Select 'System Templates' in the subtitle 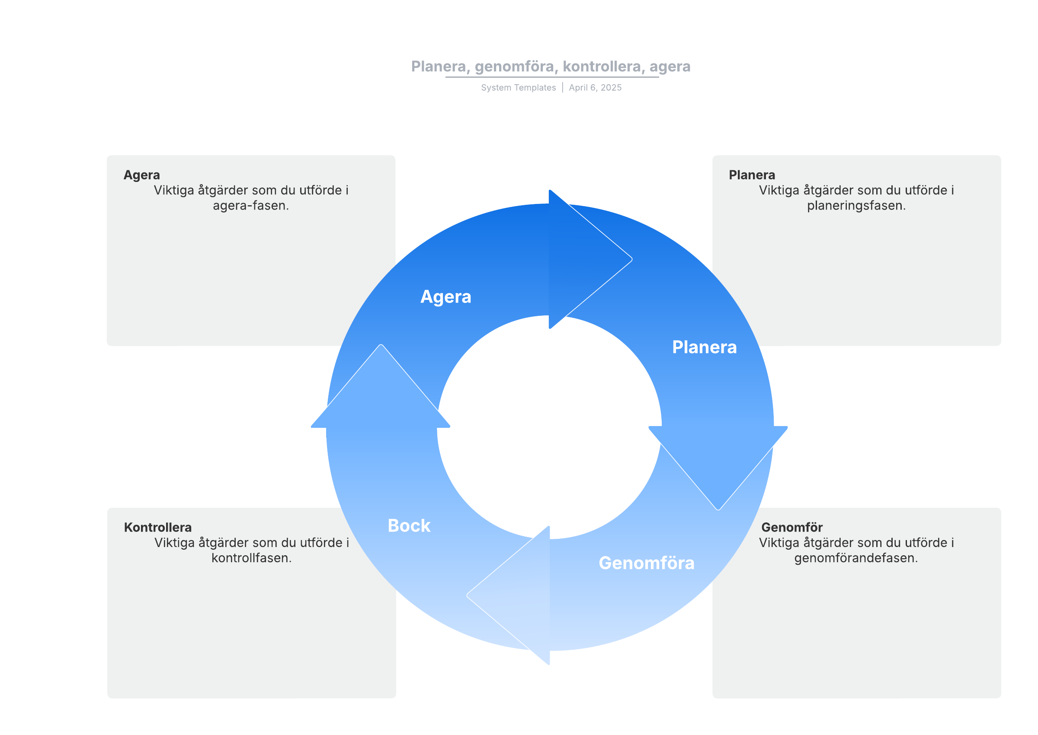tap(518, 88)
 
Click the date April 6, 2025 tap(595, 88)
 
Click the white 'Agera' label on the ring tap(445, 297)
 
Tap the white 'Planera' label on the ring tap(704, 347)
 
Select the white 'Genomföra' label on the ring tap(646, 563)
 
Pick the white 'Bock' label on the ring tap(409, 526)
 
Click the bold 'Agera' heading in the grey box tap(142, 175)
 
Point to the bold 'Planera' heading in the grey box tap(752, 175)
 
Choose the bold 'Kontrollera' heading tap(157, 527)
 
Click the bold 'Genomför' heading tap(791, 527)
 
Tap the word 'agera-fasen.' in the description tap(251, 206)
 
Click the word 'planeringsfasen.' tap(856, 206)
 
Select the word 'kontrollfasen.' tap(251, 558)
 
